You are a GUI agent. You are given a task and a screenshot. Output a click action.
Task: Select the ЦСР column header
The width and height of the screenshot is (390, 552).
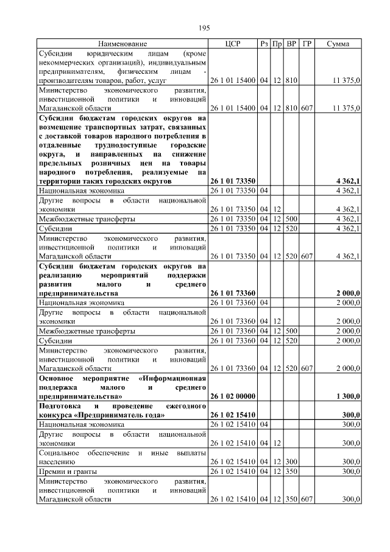pyautogui.click(x=233, y=44)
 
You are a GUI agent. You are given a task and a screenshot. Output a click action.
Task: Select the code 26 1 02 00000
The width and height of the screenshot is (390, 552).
pyautogui.click(x=233, y=396)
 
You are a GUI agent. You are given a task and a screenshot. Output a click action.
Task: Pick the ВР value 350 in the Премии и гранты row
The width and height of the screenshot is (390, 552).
pyautogui.click(x=291, y=471)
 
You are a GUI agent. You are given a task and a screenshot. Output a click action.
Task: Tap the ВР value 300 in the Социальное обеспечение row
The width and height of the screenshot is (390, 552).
pyautogui.click(x=291, y=462)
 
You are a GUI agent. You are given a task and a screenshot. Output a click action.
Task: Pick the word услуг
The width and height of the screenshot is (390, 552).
pyautogui.click(x=152, y=81)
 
